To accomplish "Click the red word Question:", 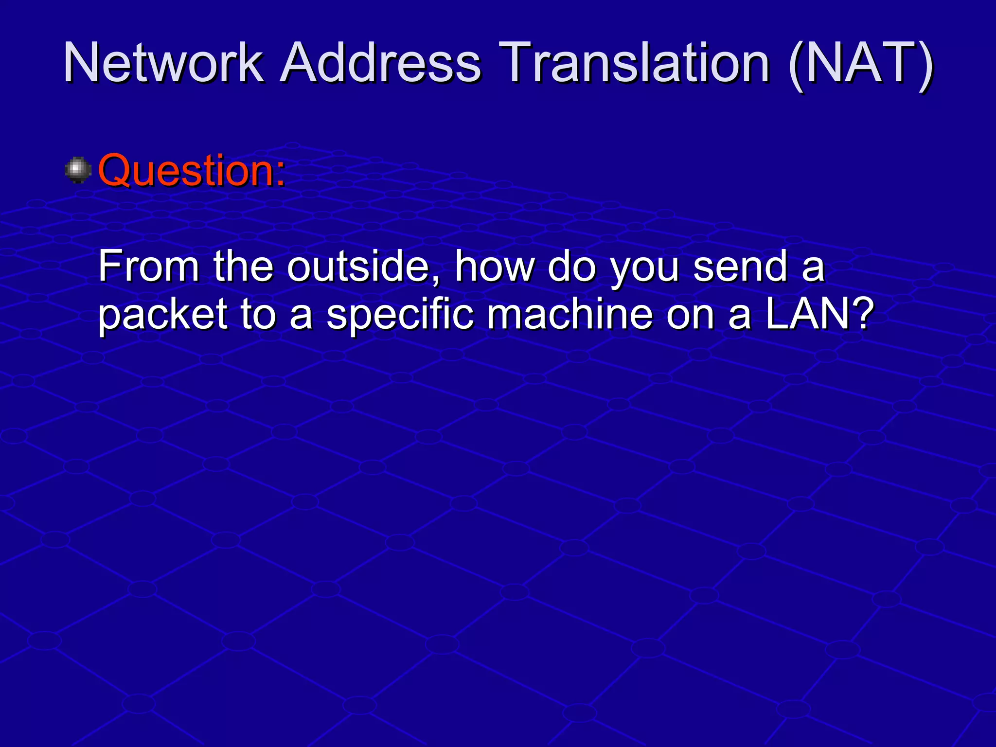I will tap(192, 170).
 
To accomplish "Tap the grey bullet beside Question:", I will tap(78, 170).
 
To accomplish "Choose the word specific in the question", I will tap(400, 315).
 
